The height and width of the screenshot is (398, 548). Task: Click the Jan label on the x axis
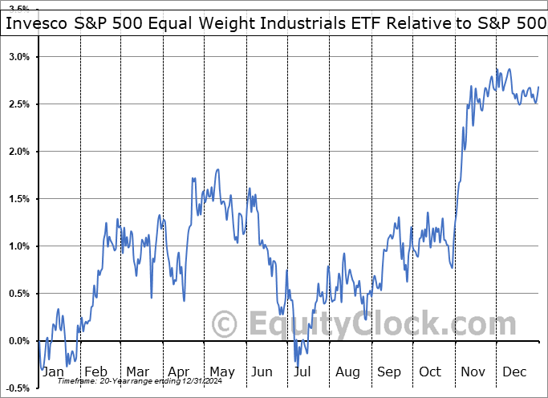click(x=53, y=372)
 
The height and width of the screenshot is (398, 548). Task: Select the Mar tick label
click(x=137, y=372)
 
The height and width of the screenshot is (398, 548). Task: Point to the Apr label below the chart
click(x=178, y=372)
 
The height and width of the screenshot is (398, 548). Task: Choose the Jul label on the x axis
click(x=302, y=372)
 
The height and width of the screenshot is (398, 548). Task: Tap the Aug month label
click(x=347, y=372)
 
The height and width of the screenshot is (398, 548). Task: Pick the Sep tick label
click(x=389, y=372)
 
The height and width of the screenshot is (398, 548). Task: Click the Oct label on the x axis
click(x=431, y=372)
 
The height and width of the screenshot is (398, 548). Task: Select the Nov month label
click(x=473, y=372)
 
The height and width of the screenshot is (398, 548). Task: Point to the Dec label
click(x=515, y=372)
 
